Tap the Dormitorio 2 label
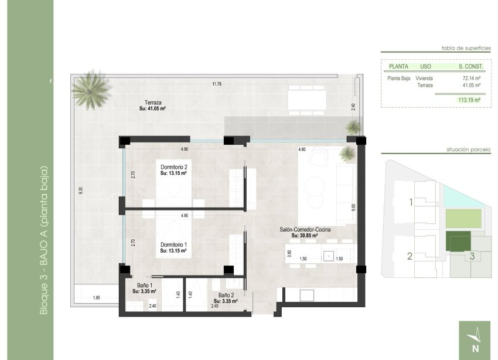173,170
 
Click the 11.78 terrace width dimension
217,84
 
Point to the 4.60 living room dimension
302,150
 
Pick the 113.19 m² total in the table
469,100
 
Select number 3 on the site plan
472,256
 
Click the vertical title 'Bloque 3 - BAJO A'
44,240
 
